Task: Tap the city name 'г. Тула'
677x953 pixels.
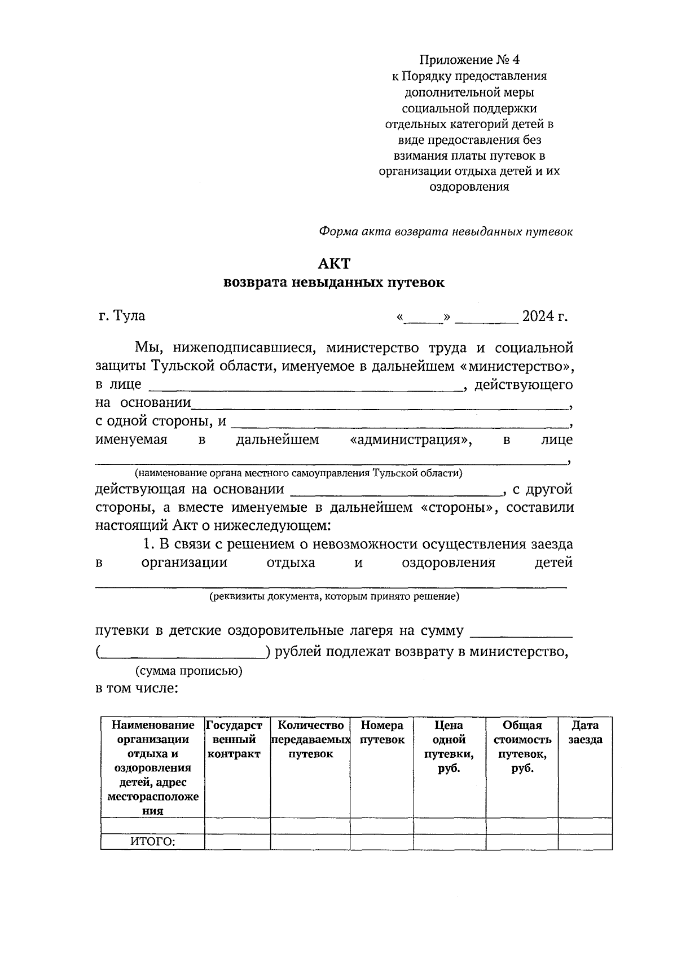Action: [x=122, y=315]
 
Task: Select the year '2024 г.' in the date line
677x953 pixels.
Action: [x=544, y=315]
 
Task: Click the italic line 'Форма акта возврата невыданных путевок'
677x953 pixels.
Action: [x=446, y=231]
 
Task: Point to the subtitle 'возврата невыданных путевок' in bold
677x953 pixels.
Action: [x=334, y=283]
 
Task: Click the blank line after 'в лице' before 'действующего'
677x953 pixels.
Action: [x=305, y=387]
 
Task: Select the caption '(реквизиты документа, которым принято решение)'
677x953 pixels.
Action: [x=334, y=596]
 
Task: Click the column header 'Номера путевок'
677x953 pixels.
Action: [x=382, y=732]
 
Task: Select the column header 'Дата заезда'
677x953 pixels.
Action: [x=585, y=732]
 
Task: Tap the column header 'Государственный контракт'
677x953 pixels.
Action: [x=234, y=740]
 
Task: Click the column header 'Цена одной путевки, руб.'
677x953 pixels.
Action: [x=449, y=746]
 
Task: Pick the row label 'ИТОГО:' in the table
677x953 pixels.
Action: [x=153, y=842]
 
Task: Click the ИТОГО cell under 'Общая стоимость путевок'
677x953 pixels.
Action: [x=521, y=842]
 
